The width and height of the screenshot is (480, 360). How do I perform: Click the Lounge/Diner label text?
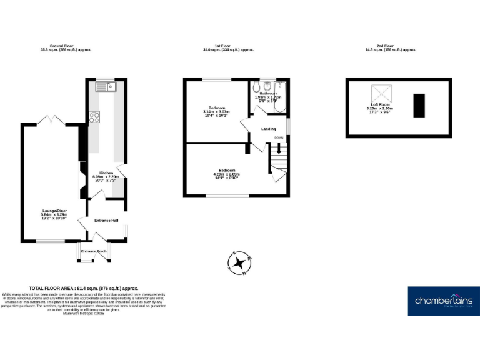53,211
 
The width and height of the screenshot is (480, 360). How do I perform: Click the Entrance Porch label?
94,251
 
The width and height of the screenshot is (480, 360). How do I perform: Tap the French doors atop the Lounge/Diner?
49,119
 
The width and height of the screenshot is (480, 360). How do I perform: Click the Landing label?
269,129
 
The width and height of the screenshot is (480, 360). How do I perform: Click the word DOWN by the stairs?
279,137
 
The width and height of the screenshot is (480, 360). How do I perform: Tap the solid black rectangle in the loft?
418,104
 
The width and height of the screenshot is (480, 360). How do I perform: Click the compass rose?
239,263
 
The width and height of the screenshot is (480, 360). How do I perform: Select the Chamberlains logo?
444,301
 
